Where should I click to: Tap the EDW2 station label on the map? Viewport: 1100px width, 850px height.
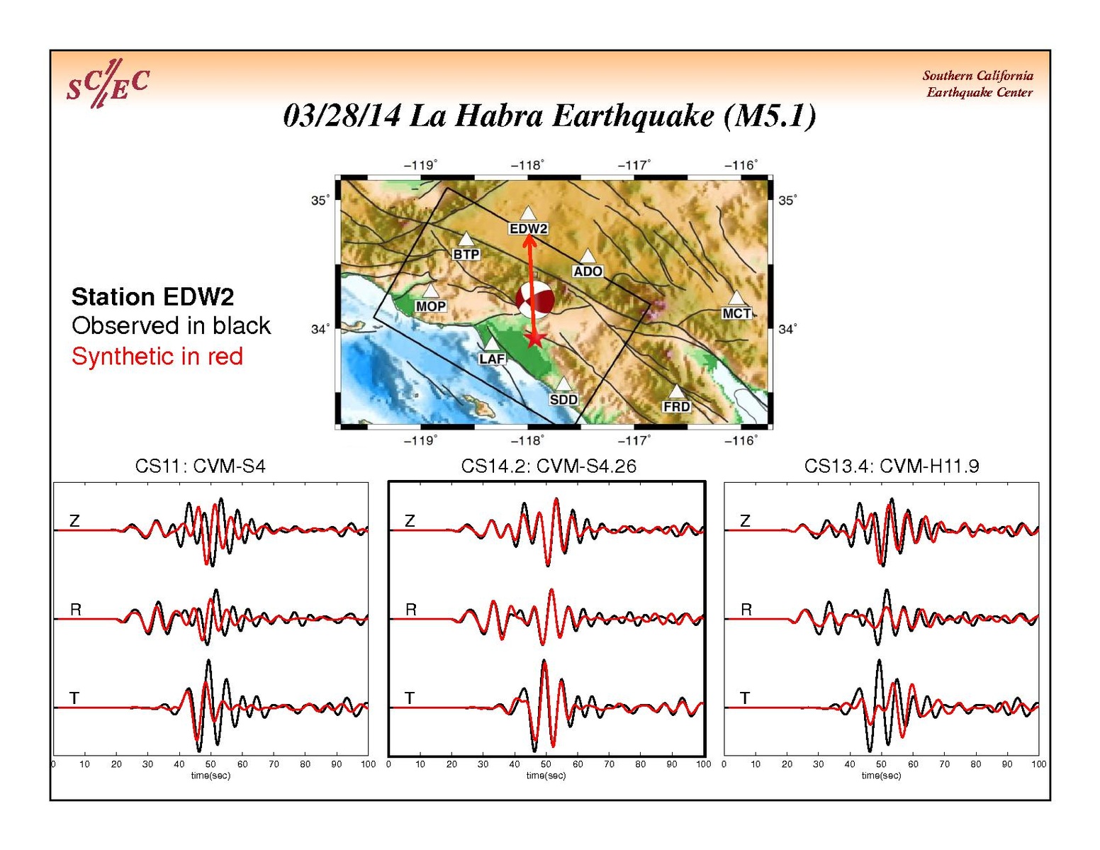528,229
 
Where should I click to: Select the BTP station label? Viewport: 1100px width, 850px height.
466,254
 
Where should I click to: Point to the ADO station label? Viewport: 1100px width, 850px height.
587,272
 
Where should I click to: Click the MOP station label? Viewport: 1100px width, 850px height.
430,306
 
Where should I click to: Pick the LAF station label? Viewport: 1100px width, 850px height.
492,359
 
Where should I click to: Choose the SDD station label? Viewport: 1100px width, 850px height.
563,399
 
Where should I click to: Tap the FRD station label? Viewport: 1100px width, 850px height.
676,406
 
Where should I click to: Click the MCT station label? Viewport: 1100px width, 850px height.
736,313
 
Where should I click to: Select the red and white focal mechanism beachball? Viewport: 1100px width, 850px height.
534,300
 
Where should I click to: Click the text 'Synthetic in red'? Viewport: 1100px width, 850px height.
157,357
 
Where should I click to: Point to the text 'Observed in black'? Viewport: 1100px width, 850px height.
171,325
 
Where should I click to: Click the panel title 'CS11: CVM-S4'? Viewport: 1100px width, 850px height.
201,466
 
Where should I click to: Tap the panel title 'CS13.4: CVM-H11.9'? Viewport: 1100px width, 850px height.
892,466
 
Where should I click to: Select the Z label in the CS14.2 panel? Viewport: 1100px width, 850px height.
410,520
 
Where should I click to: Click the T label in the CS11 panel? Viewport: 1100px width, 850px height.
74,698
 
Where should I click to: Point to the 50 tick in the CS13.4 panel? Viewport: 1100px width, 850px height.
881,764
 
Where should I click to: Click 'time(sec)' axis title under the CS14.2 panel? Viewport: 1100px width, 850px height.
546,776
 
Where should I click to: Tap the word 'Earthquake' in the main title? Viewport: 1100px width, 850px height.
633,117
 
